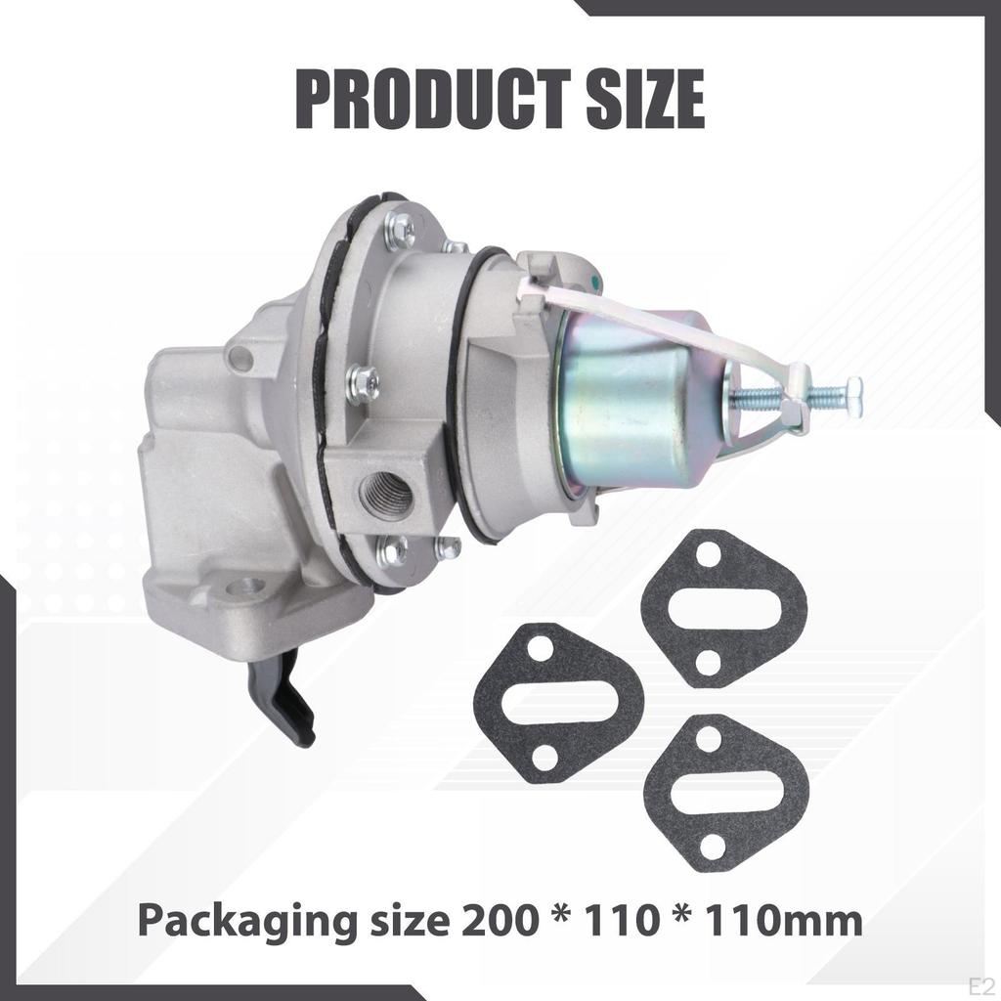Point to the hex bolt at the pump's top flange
tap(399, 231)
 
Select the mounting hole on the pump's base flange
tap(248, 588)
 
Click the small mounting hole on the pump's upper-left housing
tap(239, 358)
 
